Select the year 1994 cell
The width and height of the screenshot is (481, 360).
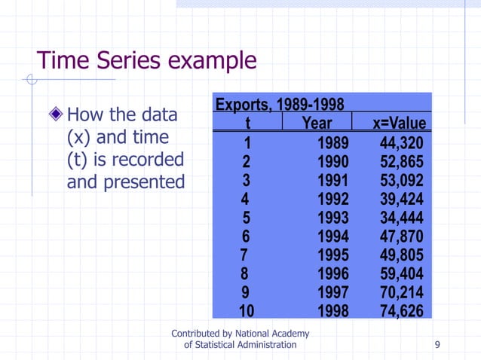click(x=333, y=236)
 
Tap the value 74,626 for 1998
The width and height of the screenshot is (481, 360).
click(x=402, y=311)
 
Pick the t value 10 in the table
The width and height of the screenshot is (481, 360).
click(x=247, y=311)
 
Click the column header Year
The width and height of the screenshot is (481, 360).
click(x=317, y=123)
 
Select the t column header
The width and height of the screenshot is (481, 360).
click(x=247, y=123)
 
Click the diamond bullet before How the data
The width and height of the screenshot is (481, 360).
click(x=56, y=115)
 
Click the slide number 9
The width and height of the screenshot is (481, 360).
click(x=438, y=344)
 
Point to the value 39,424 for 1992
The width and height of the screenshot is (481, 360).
click(x=402, y=200)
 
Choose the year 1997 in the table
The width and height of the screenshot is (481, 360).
click(x=333, y=292)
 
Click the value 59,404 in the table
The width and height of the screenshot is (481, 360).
click(x=402, y=274)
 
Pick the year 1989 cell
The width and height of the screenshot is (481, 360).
click(x=333, y=143)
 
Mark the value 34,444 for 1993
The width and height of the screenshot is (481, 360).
click(x=402, y=218)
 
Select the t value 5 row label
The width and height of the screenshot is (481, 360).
click(x=247, y=218)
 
